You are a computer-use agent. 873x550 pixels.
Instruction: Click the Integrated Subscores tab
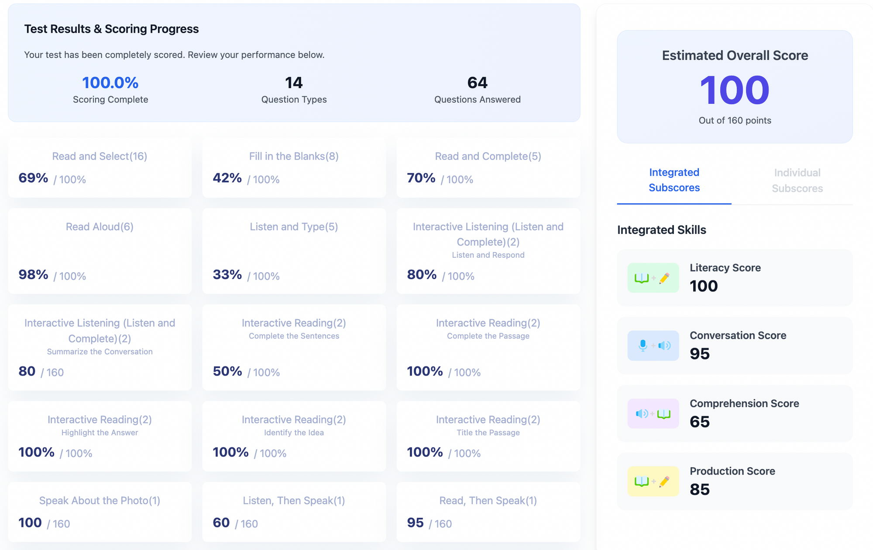pyautogui.click(x=674, y=180)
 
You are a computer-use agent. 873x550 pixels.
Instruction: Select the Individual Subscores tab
pyautogui.click(x=797, y=180)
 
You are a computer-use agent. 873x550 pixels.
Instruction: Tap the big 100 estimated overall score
pyautogui.click(x=735, y=90)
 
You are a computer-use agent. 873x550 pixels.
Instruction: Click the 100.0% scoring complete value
pyautogui.click(x=110, y=82)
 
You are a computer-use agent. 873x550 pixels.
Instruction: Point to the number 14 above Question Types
pyautogui.click(x=294, y=82)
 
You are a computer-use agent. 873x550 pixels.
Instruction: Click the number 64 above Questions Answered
pyautogui.click(x=477, y=82)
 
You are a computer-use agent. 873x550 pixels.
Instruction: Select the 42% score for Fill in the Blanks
pyautogui.click(x=227, y=178)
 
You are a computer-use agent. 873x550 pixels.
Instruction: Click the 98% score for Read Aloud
pyautogui.click(x=33, y=275)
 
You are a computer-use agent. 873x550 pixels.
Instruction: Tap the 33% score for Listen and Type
pyautogui.click(x=227, y=275)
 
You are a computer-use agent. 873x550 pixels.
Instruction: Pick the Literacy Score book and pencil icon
pyautogui.click(x=653, y=278)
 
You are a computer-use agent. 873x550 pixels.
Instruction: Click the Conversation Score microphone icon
pyautogui.click(x=653, y=345)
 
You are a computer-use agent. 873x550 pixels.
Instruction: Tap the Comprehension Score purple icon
pyautogui.click(x=653, y=413)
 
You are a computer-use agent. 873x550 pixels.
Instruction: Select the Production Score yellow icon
pyautogui.click(x=653, y=482)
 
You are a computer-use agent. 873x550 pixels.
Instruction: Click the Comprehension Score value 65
pyautogui.click(x=700, y=422)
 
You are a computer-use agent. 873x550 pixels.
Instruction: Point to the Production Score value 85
pyautogui.click(x=700, y=489)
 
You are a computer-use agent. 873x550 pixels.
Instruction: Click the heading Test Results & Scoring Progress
pyautogui.click(x=111, y=29)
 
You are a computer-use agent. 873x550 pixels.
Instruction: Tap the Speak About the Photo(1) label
pyautogui.click(x=100, y=500)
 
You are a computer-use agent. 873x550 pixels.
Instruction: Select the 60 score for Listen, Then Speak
pyautogui.click(x=221, y=523)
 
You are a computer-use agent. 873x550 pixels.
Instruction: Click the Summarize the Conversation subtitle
pyautogui.click(x=100, y=352)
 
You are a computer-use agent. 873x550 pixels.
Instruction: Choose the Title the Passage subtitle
pyautogui.click(x=488, y=433)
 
